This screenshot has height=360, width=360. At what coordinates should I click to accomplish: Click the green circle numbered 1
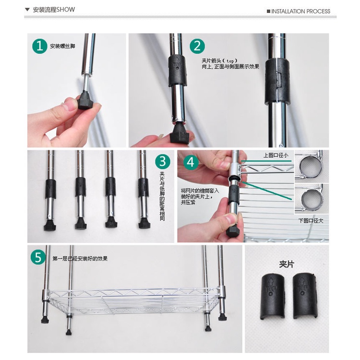(40, 46)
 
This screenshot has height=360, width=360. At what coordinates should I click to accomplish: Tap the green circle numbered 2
(197, 46)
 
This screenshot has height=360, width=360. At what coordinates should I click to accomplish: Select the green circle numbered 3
(163, 161)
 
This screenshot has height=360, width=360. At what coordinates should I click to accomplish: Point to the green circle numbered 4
(191, 163)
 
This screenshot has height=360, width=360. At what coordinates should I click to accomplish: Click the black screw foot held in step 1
(86, 100)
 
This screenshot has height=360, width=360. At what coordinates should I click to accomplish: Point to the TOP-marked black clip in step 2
(177, 71)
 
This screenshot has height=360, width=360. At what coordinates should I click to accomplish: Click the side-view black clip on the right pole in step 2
(277, 81)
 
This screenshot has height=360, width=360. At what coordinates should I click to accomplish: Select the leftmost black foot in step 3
(50, 225)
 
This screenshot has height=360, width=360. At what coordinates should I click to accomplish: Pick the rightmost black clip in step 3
(143, 187)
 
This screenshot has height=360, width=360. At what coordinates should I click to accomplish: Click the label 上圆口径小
(276, 156)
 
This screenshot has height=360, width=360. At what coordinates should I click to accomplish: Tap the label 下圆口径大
(311, 221)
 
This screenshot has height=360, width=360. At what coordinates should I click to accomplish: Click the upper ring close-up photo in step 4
(312, 167)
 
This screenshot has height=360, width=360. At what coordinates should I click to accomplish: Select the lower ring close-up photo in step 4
(312, 199)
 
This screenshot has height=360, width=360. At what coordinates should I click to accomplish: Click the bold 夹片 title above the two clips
(287, 264)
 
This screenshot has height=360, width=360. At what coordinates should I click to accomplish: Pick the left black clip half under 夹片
(273, 296)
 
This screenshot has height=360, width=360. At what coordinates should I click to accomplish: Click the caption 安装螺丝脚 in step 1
(62, 46)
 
